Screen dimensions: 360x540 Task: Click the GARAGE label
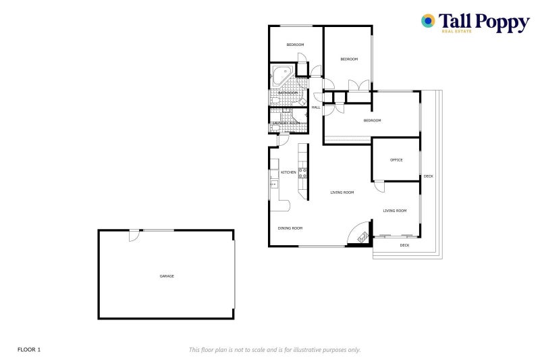pyautogui.click(x=166, y=276)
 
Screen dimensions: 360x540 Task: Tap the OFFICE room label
pyautogui.click(x=396, y=160)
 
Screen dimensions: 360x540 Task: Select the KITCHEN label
pyautogui.click(x=288, y=172)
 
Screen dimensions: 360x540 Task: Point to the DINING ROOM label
pyautogui.click(x=290, y=228)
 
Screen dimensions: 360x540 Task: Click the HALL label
pyautogui.click(x=315, y=107)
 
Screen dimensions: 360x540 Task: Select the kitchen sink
pyautogui.click(x=273, y=184)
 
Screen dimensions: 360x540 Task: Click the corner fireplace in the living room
pyautogui.click(x=363, y=236)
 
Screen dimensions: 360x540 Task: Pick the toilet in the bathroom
pyautogui.click(x=275, y=100)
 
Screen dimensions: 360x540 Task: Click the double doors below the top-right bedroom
pyautogui.click(x=358, y=85)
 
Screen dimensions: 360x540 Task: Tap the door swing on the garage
pyautogui.click(x=134, y=235)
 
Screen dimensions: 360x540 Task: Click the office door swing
pyautogui.click(x=379, y=184)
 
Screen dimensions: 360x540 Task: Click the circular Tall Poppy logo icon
pyautogui.click(x=428, y=21)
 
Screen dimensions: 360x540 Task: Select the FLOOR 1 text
pyautogui.click(x=29, y=349)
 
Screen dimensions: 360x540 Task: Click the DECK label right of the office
pyautogui.click(x=429, y=176)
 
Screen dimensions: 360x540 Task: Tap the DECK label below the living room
pyautogui.click(x=404, y=245)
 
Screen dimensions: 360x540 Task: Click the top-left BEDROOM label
pyautogui.click(x=295, y=45)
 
